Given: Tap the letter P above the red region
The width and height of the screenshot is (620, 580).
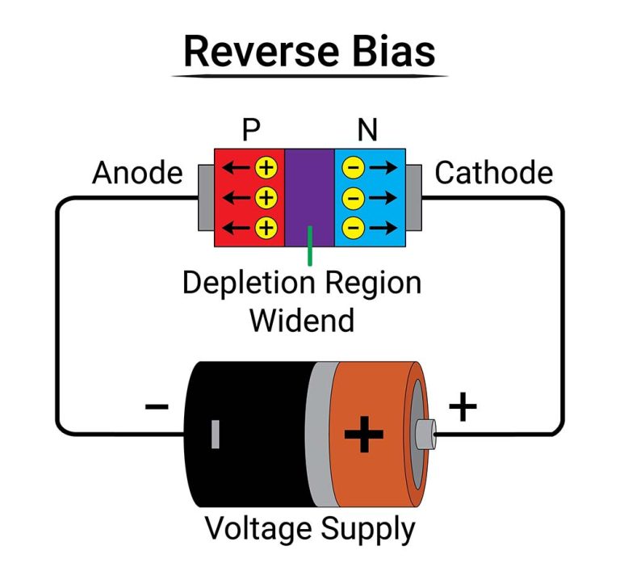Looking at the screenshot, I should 251,131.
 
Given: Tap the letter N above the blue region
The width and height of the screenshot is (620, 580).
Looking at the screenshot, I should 367,131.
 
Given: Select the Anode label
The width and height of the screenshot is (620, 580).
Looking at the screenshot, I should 136,173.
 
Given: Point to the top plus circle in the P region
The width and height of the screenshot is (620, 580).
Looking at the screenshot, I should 266,168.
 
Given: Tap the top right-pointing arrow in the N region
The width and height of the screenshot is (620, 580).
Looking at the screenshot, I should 383,168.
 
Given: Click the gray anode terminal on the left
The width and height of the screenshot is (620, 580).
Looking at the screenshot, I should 206,197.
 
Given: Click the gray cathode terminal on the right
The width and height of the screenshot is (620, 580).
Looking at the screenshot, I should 413,197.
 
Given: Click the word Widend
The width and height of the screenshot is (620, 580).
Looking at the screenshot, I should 301,320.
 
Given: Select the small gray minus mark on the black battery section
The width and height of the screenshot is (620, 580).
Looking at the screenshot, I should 216,434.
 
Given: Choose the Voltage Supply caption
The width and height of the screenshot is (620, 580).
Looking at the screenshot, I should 309,530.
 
